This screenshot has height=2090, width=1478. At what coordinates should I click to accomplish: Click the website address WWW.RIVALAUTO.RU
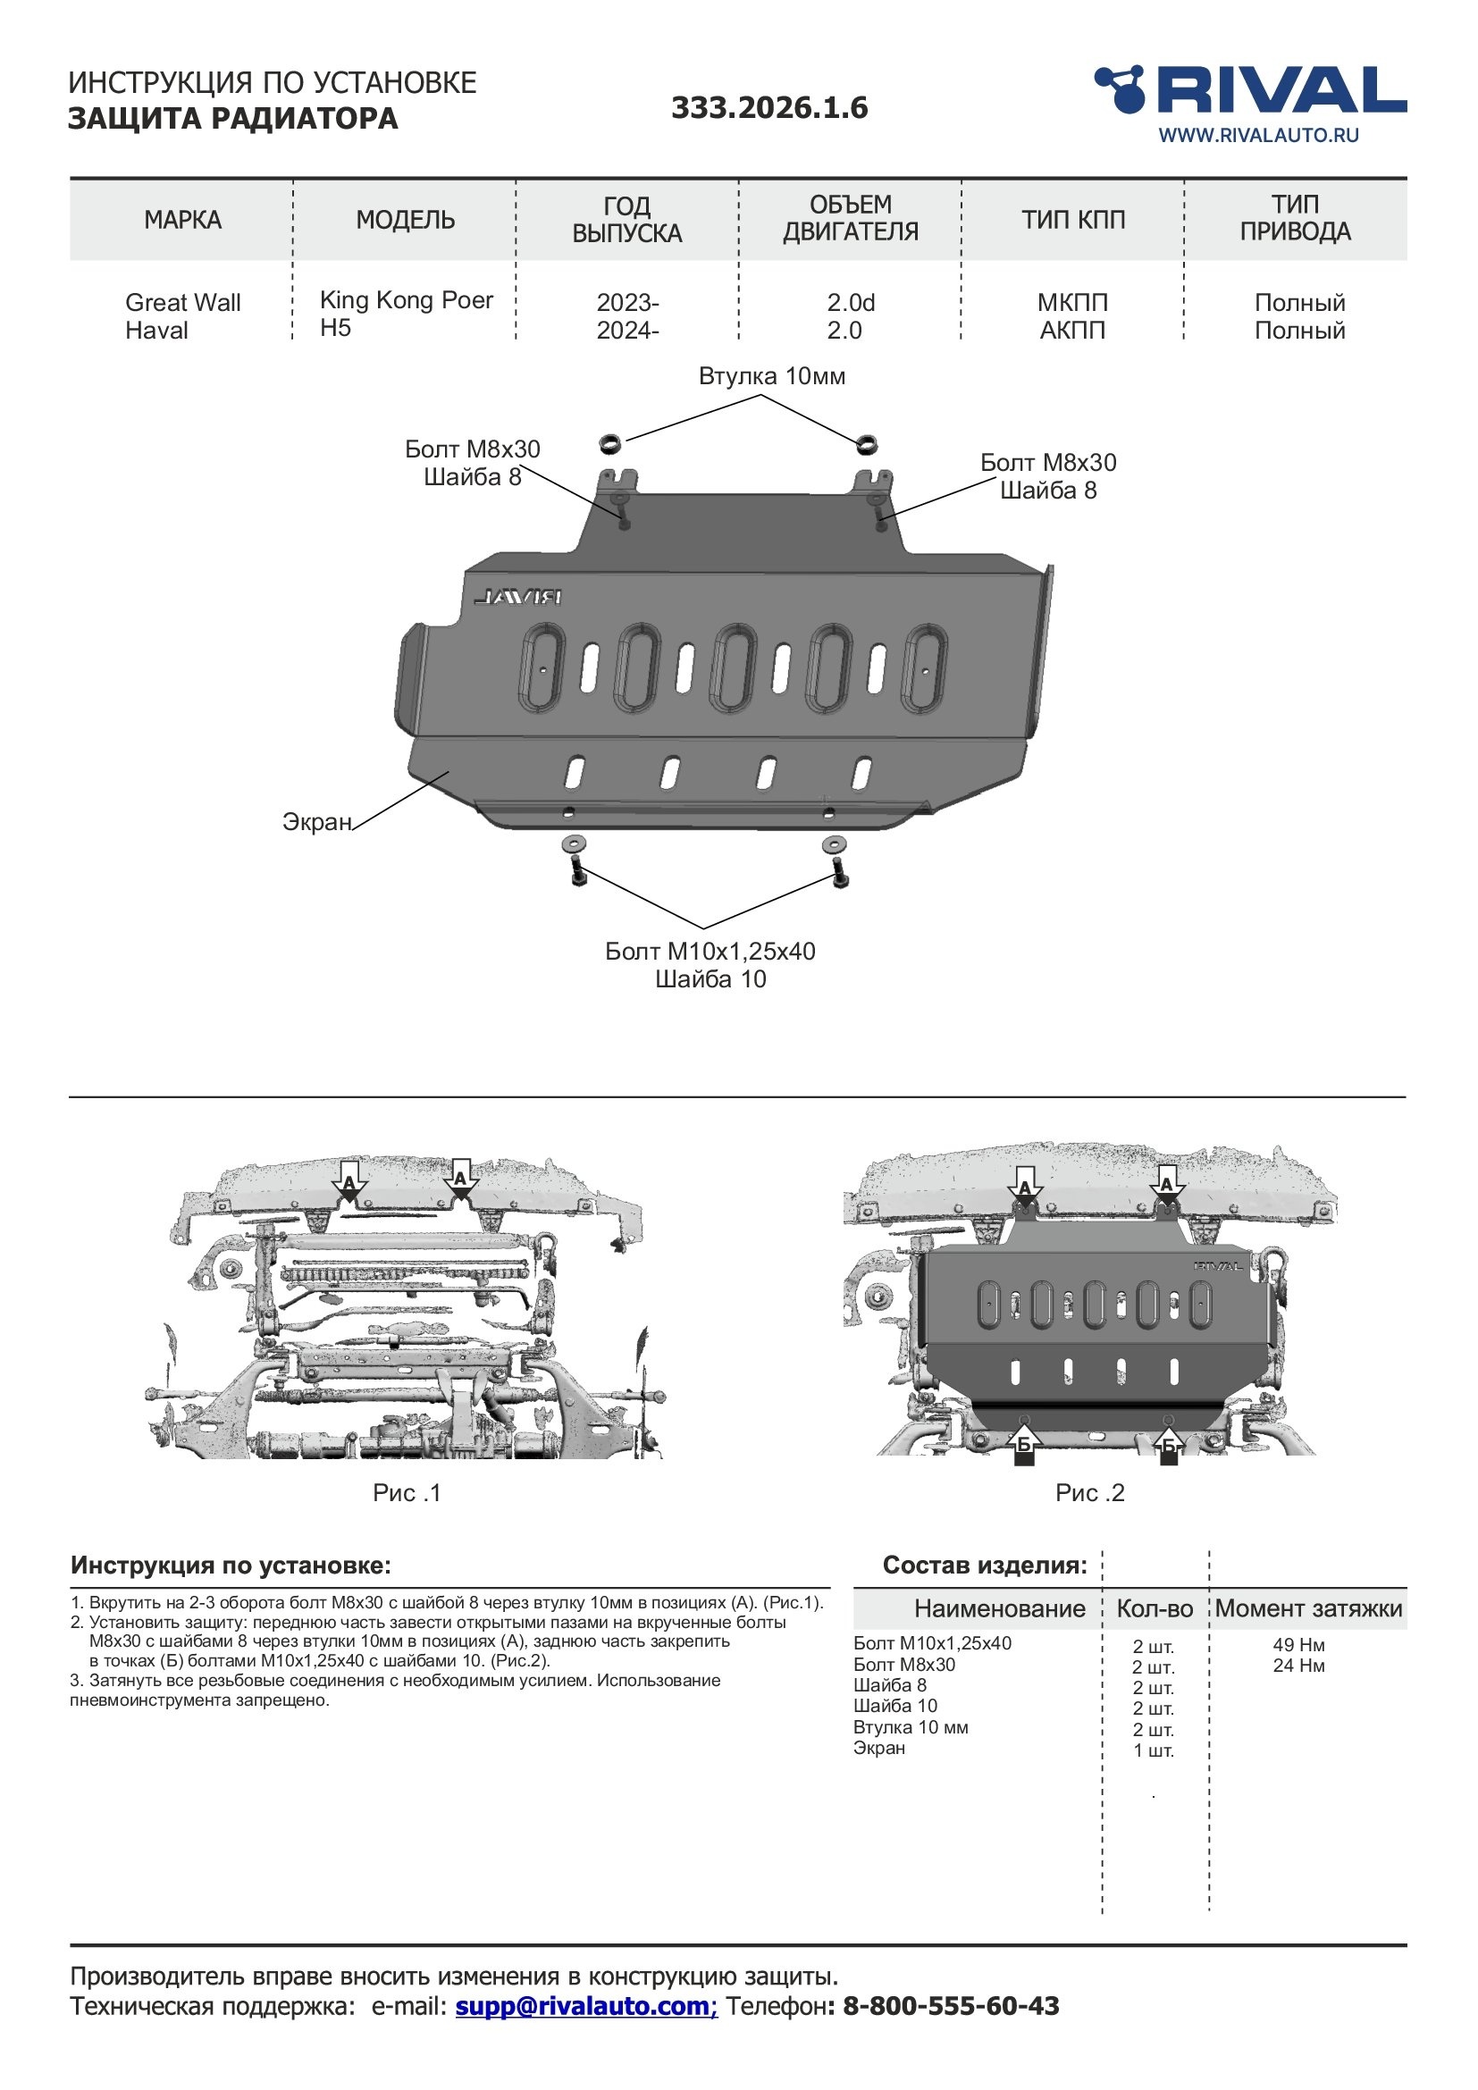click(x=1258, y=136)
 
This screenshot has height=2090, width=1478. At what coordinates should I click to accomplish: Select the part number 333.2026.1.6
click(x=769, y=108)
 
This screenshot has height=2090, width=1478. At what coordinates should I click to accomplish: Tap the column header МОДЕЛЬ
click(x=405, y=221)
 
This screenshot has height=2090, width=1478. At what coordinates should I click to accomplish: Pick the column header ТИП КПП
click(x=1073, y=221)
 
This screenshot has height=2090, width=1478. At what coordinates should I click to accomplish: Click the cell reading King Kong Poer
click(x=406, y=300)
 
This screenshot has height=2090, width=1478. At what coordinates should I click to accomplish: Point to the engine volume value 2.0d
click(x=850, y=302)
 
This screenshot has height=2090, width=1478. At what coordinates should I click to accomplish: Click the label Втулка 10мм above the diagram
click(x=772, y=376)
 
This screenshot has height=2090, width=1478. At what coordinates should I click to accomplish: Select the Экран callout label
click(x=316, y=822)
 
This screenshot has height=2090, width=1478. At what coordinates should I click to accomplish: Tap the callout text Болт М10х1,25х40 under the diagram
click(x=710, y=952)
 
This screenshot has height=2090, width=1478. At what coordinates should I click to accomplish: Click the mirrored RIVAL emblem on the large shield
click(x=516, y=597)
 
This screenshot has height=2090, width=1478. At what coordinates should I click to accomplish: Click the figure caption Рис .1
click(x=407, y=1493)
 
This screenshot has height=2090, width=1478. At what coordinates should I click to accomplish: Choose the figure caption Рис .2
click(x=1089, y=1493)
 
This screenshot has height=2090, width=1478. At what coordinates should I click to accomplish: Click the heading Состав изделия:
click(x=985, y=1565)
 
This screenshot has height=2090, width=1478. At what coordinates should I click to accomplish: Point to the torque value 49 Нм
click(x=1298, y=1645)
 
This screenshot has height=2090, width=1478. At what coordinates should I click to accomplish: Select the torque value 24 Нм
click(x=1298, y=1666)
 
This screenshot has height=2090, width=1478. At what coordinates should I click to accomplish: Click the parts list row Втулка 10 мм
click(x=910, y=1728)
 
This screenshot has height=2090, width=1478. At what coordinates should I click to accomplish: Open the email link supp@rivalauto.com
click(x=586, y=2006)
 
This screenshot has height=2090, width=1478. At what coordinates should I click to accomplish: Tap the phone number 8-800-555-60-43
click(x=951, y=2006)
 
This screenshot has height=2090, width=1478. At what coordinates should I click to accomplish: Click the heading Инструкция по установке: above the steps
click(x=231, y=1565)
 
